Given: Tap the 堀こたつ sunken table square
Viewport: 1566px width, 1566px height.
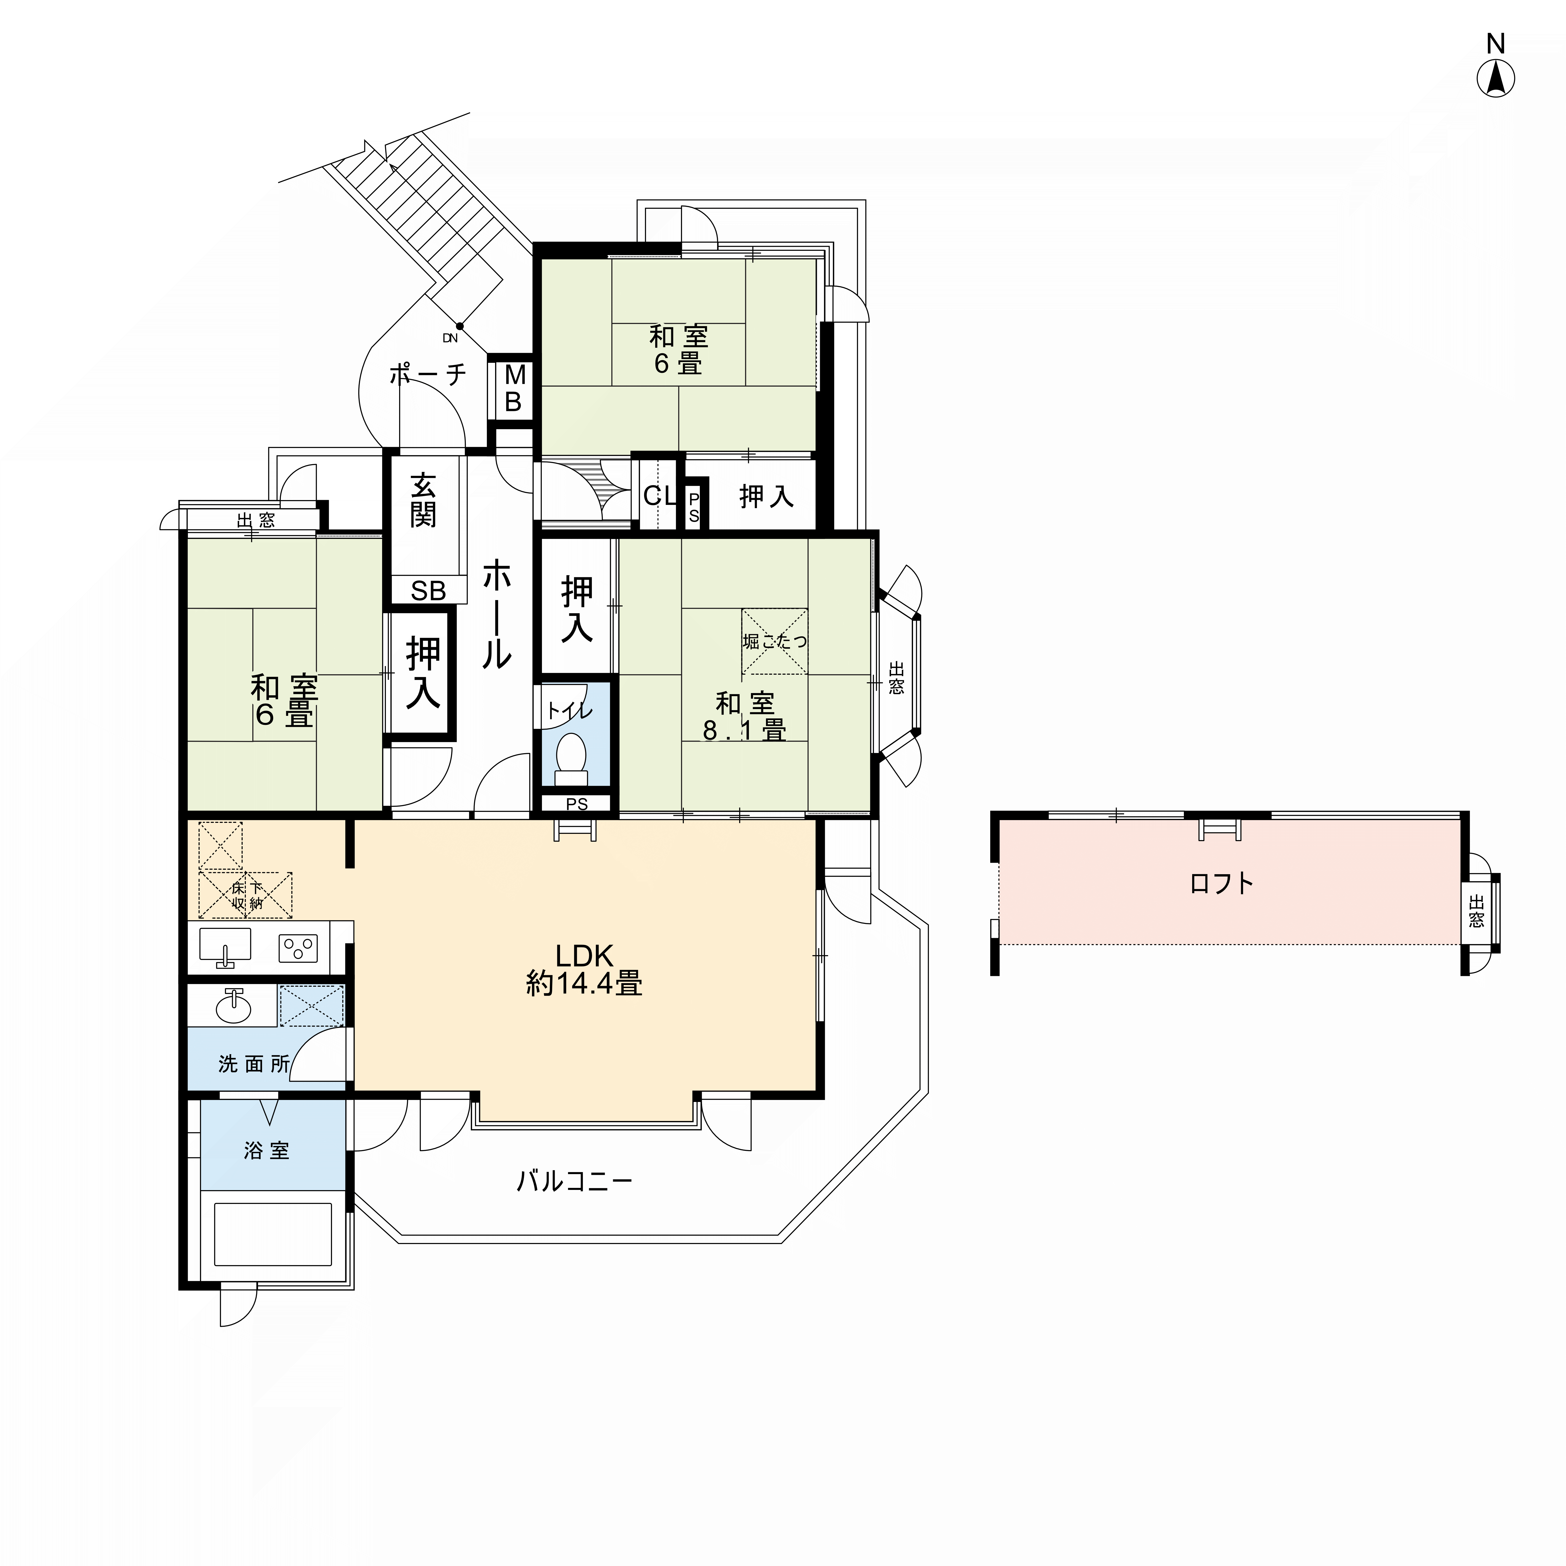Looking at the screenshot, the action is pos(774,641).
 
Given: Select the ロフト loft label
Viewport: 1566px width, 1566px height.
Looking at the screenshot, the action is pos(1221,883).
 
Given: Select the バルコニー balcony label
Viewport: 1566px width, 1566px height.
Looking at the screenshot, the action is pos(575,1181).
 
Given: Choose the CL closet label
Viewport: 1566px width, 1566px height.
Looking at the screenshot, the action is pos(660,495).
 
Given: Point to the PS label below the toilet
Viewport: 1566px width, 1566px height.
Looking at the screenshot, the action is pos(576,804).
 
